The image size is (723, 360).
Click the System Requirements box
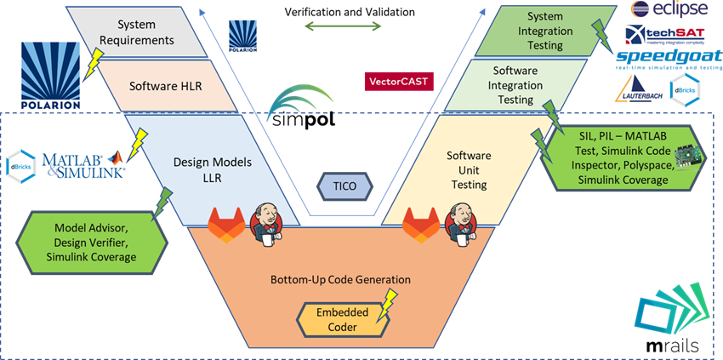click(x=145, y=32)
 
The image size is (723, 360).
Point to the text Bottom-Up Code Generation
click(x=340, y=279)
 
